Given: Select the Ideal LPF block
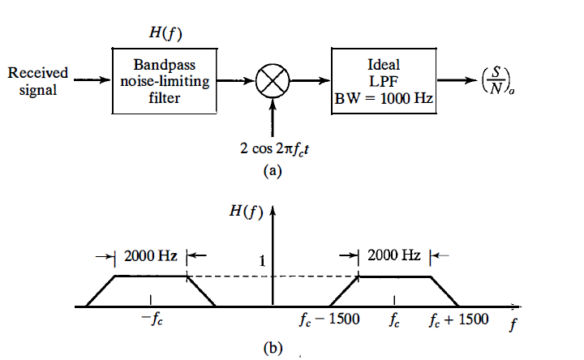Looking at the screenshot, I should (384, 80).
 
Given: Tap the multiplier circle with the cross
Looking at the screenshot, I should (273, 81).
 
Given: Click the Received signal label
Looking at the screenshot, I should (38, 81).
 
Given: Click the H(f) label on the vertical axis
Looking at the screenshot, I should (245, 212).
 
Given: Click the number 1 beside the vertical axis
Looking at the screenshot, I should (262, 261).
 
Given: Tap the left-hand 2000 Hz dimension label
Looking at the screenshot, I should (151, 255).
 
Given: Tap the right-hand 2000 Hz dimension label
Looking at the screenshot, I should (393, 255).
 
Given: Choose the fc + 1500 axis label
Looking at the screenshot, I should (459, 319).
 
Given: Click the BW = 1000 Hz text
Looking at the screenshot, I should (384, 101).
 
